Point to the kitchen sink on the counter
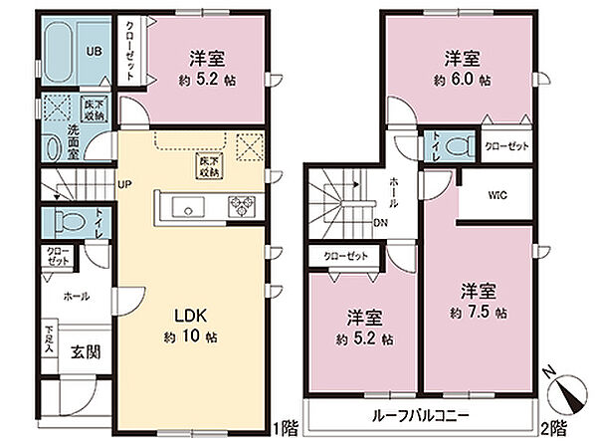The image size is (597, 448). pyautogui.click(x=185, y=207)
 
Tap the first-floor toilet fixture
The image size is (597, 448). pyautogui.click(x=69, y=220)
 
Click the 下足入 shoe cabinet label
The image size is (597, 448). pyautogui.click(x=48, y=338)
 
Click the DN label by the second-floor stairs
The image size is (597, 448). pyautogui.click(x=380, y=222)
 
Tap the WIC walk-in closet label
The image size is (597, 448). pyautogui.click(x=497, y=195)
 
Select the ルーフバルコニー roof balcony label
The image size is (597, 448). pyautogui.click(x=421, y=416)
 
